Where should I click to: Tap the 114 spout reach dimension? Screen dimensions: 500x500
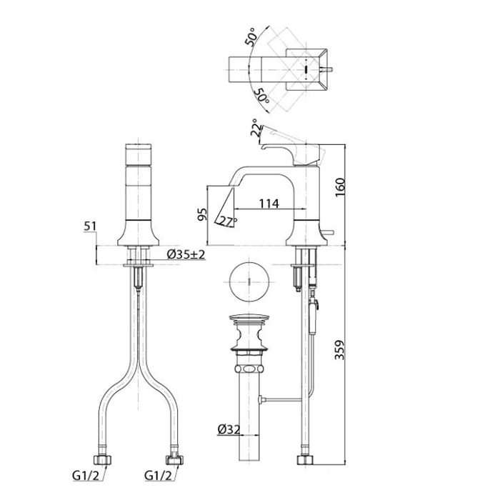pyautogui.click(x=268, y=204)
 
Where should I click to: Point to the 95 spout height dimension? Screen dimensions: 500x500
pyautogui.click(x=202, y=215)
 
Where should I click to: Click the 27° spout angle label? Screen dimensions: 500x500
pyautogui.click(x=227, y=221)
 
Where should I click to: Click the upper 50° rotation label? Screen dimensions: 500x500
pyautogui.click(x=253, y=38)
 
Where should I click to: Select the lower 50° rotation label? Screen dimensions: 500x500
pyautogui.click(x=262, y=92)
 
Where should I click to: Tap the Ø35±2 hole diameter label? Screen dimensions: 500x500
pyautogui.click(x=186, y=255)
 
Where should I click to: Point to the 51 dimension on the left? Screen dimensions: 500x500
pyautogui.click(x=90, y=226)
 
